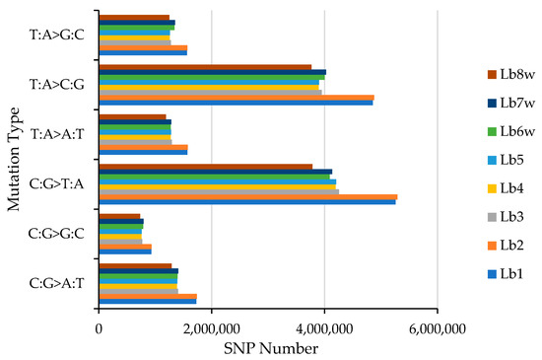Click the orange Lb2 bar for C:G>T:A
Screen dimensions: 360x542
click(247, 195)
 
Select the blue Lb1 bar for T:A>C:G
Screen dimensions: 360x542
click(236, 103)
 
